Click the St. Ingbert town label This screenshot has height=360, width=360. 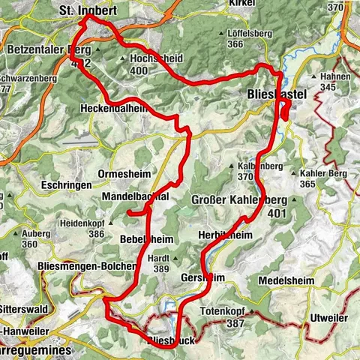(x=87, y=11)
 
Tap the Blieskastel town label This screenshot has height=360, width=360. (x=276, y=96)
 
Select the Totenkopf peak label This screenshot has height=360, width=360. (x=225, y=310)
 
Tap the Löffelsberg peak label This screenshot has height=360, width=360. (x=247, y=34)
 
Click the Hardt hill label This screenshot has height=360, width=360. (x=181, y=259)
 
